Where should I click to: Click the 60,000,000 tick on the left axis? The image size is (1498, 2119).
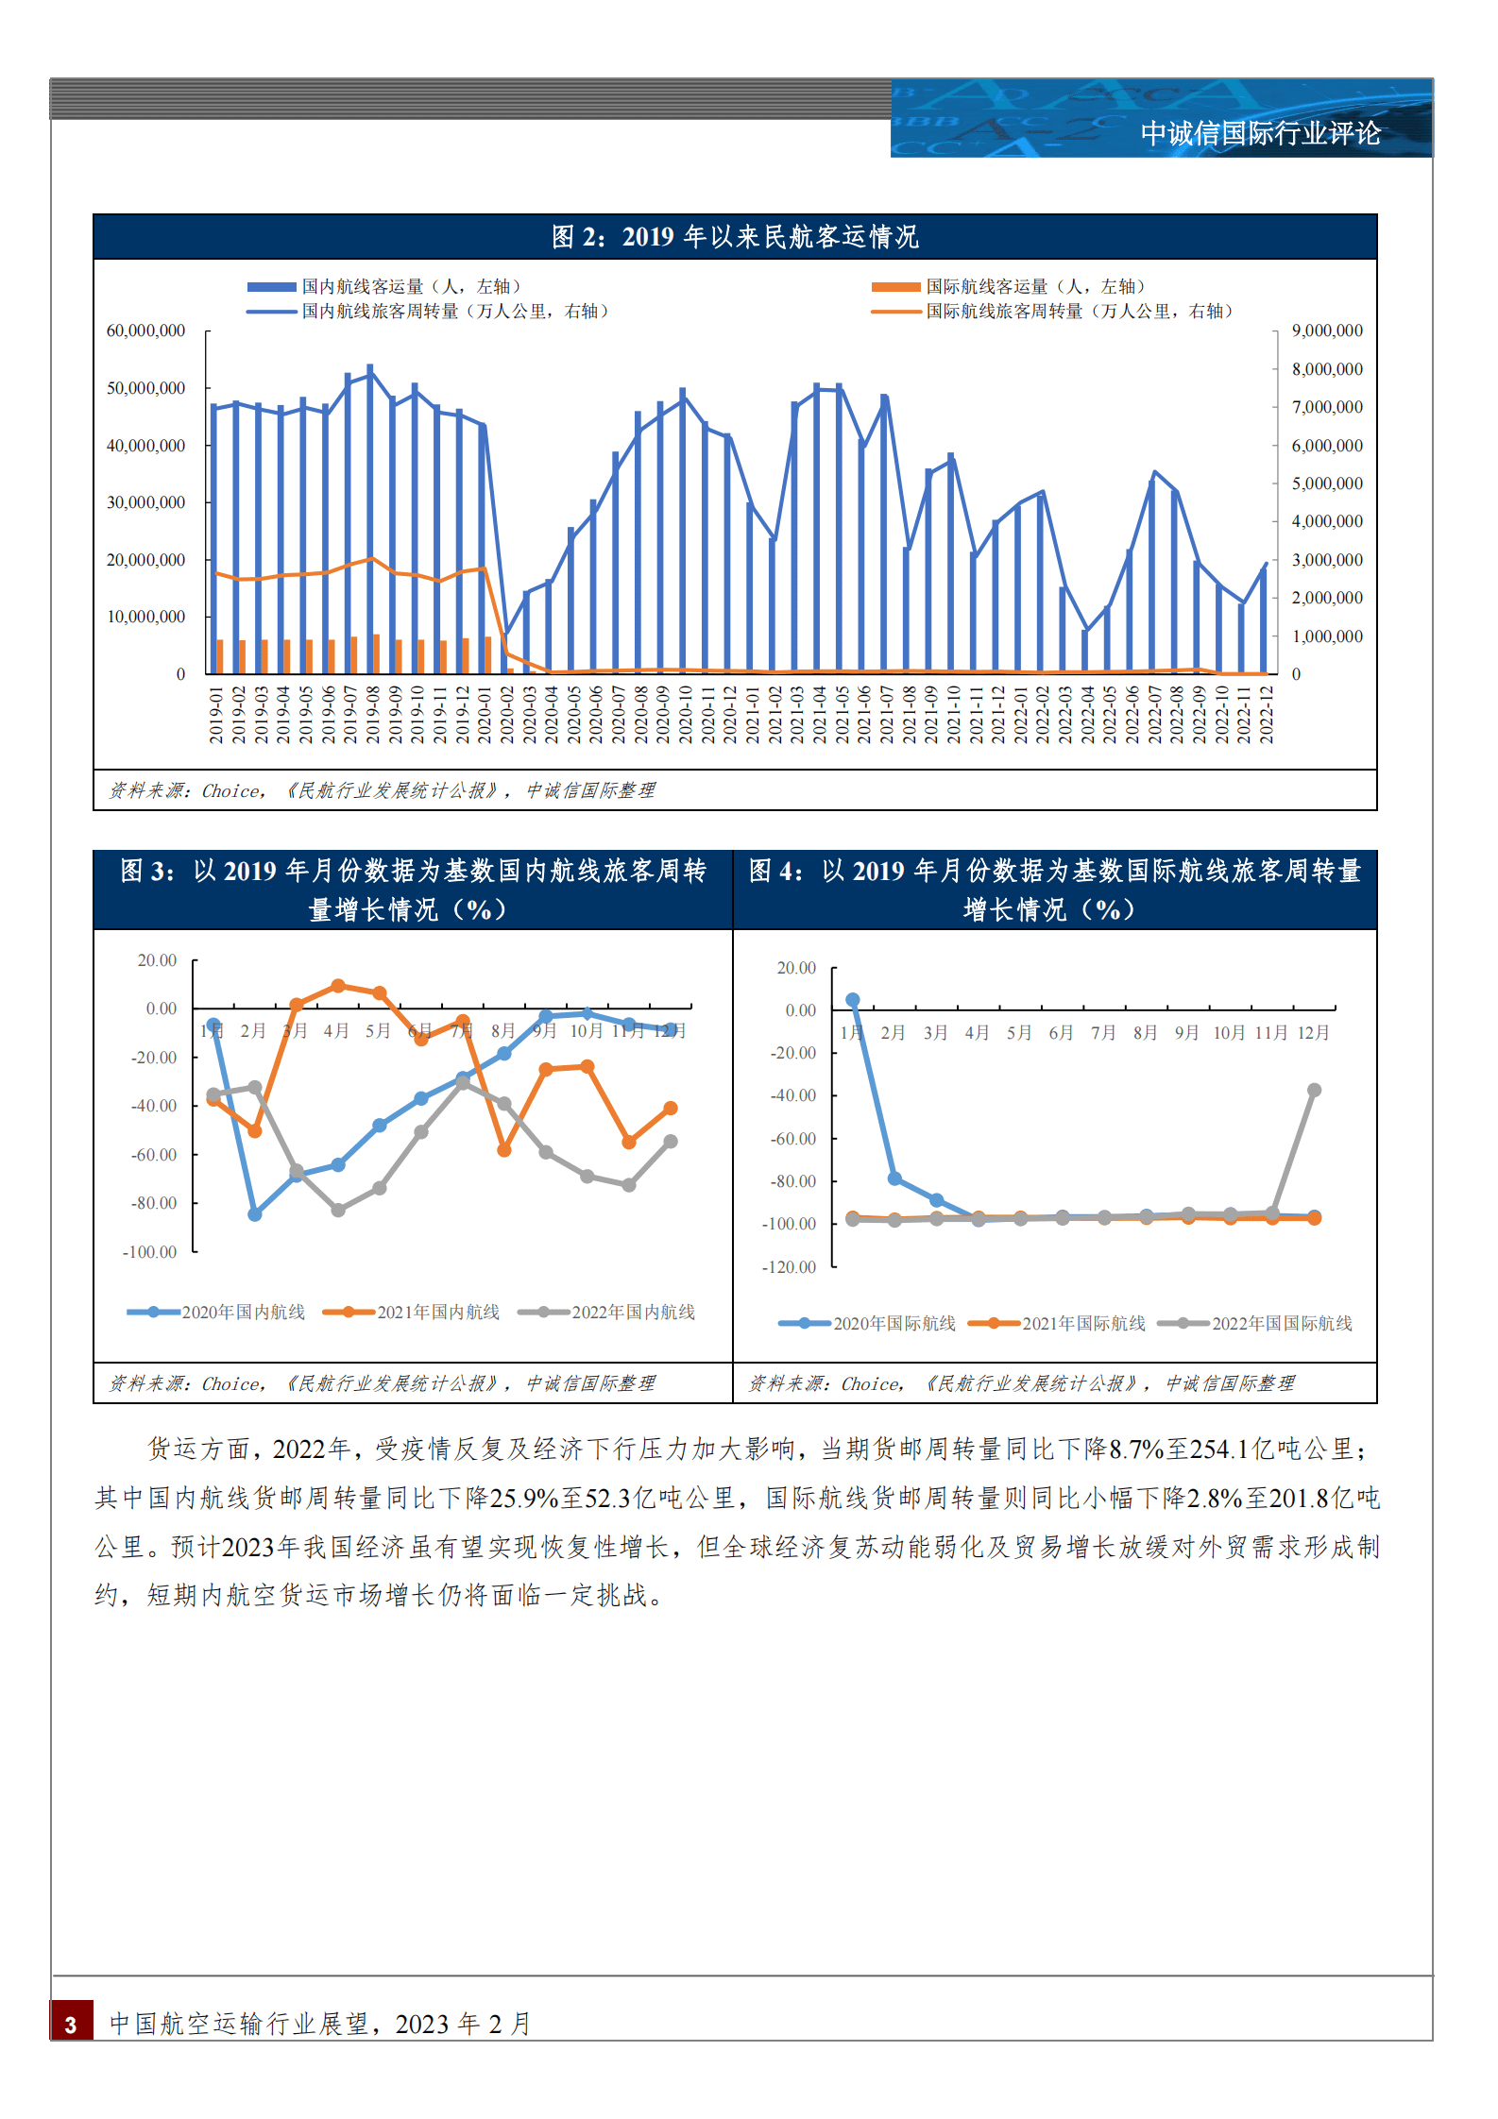(145, 331)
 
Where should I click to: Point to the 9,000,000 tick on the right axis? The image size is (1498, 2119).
(1327, 331)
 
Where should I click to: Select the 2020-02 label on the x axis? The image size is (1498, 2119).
(506, 715)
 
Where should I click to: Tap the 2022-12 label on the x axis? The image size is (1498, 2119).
(1267, 715)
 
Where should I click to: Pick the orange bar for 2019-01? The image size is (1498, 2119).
(220, 656)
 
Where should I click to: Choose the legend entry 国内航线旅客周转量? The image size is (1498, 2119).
(453, 311)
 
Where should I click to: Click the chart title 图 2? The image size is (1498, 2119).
(735, 237)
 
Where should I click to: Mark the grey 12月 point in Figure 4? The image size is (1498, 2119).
(1314, 1090)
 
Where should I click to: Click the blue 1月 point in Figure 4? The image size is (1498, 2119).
(852, 999)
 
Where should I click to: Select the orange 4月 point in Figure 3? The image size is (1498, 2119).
(338, 986)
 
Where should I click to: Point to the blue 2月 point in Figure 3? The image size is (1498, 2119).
(254, 1214)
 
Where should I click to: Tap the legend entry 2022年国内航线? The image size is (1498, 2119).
(633, 1312)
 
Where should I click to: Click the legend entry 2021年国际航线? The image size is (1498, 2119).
(1082, 1323)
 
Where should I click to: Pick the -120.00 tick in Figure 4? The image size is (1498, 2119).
(789, 1267)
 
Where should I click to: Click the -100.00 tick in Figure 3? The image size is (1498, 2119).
(149, 1252)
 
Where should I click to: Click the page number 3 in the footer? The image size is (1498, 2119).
(71, 2025)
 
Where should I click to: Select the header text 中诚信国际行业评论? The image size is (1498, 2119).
(1260, 133)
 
